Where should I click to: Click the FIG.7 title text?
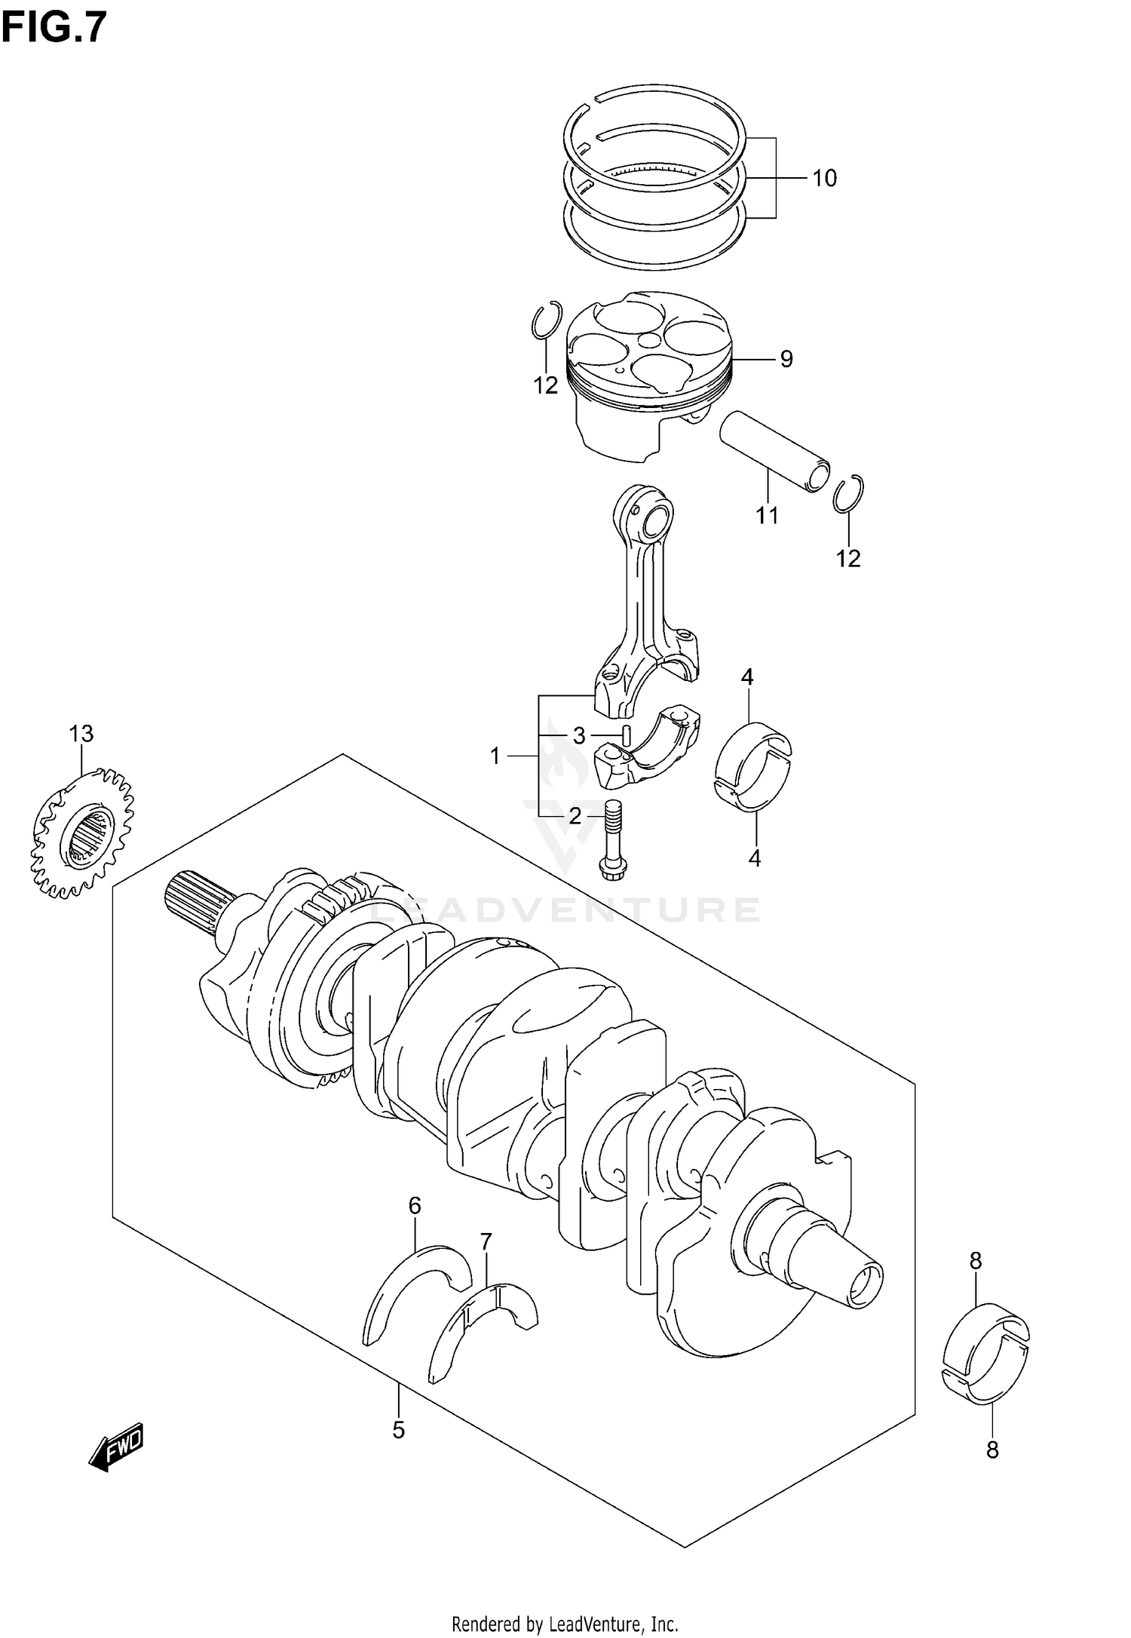coord(54,28)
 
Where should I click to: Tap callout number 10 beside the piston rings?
coord(824,179)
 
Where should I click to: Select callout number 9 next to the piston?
coord(786,359)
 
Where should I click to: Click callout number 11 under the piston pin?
coord(767,516)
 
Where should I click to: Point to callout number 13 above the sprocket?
coord(81,733)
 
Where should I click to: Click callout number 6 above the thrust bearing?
coord(415,1206)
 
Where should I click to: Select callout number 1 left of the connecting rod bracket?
coord(495,755)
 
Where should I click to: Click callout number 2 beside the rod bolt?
coord(575,816)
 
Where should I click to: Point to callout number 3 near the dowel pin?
coord(579,735)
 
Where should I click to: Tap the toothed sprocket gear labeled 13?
coord(83,833)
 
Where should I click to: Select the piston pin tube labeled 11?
coord(774,450)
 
